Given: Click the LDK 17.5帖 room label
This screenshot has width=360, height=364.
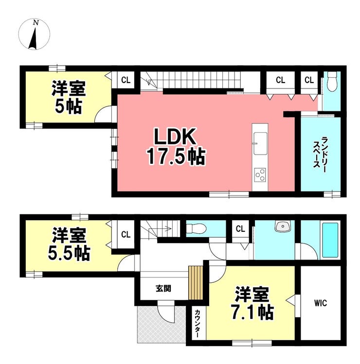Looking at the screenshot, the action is coord(176,146).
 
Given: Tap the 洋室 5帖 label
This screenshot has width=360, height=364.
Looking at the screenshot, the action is coord(68,97).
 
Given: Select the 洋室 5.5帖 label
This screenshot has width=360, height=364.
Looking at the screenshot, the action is coord(69,244).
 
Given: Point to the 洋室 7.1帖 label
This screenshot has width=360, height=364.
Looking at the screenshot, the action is coord(252,303).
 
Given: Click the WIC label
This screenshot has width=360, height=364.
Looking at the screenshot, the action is coord(321,303).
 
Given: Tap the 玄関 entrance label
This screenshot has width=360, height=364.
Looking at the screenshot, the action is coord(163,289).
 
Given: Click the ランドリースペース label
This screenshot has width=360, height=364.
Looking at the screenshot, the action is coord(320,153).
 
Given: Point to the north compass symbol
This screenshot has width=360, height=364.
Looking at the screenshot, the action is coord(34,34).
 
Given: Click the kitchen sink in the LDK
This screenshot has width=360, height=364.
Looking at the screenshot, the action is coord(260,143).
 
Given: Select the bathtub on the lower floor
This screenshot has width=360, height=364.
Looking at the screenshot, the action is coord(330,240).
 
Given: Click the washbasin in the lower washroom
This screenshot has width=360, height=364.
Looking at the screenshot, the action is coord(283,226).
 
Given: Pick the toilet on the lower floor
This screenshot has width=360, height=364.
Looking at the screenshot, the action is coord(197,228).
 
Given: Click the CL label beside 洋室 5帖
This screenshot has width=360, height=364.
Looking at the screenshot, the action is coord(126,80).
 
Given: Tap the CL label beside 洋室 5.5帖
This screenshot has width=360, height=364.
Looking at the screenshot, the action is coord(126,234).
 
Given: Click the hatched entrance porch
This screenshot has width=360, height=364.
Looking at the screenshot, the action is coord(162,324).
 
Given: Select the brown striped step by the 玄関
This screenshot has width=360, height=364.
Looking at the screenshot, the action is coord(196,283).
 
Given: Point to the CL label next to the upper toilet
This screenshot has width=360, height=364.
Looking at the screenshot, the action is coord(309,80).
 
